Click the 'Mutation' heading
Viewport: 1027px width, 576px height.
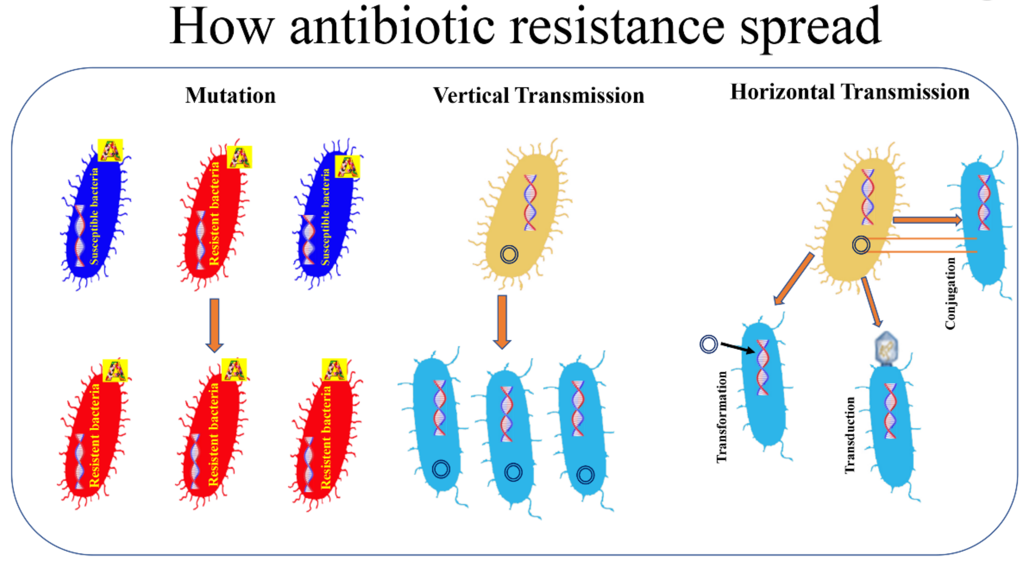(x=231, y=96)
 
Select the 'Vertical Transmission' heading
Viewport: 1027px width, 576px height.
(x=539, y=96)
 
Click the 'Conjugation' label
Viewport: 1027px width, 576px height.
(x=950, y=293)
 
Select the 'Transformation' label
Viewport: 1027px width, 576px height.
(x=722, y=417)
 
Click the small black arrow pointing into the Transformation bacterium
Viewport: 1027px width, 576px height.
(x=738, y=348)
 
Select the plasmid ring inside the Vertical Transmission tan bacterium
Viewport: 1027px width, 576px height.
(x=509, y=254)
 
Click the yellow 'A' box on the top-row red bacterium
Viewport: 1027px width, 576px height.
(x=239, y=157)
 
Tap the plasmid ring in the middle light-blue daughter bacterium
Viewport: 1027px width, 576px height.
(x=513, y=472)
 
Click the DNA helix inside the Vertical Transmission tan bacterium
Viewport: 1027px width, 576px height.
(x=530, y=202)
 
